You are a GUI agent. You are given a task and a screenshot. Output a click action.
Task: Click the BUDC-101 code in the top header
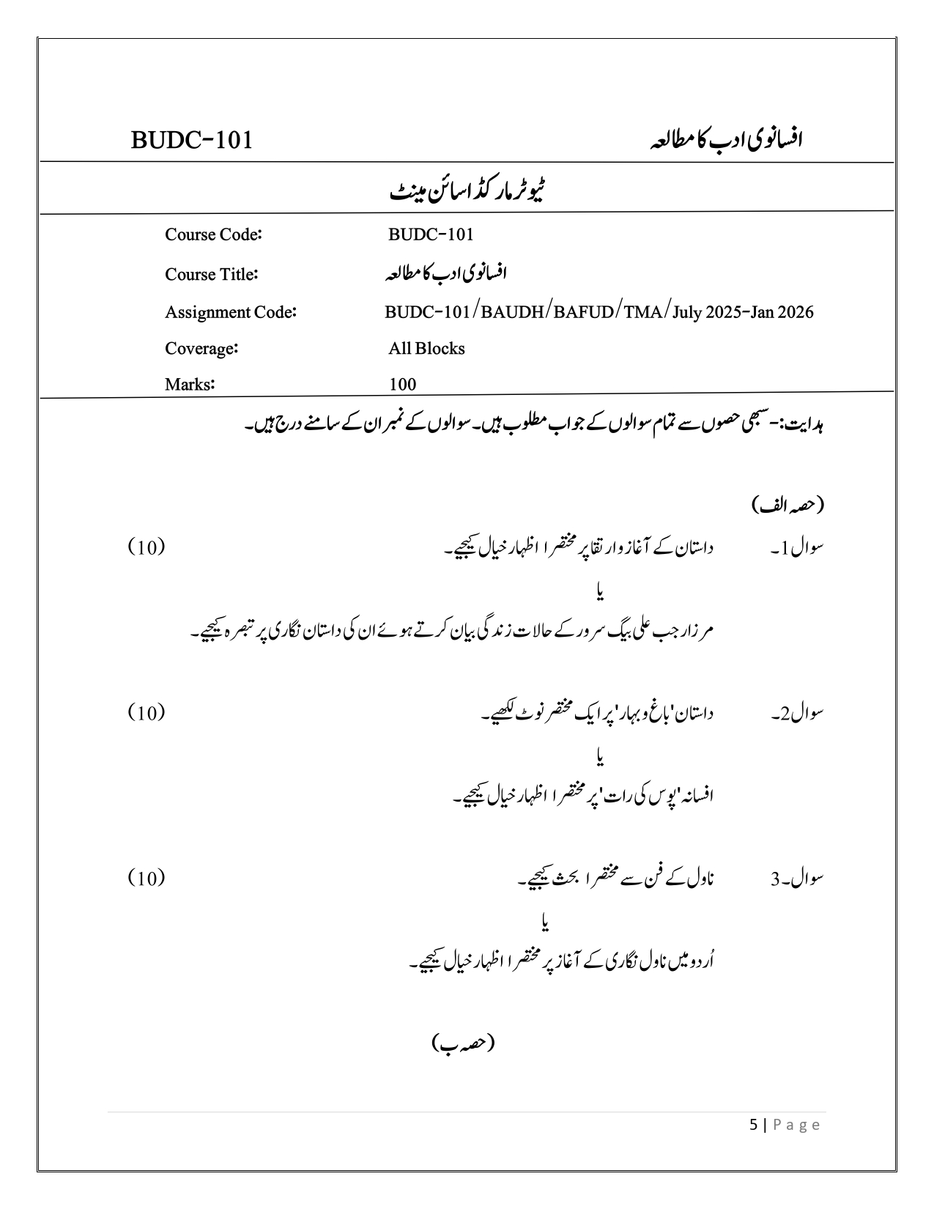pos(192,140)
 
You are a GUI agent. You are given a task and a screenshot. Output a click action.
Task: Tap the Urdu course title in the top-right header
pos(726,139)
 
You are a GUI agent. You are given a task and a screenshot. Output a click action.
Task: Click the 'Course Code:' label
pos(213,234)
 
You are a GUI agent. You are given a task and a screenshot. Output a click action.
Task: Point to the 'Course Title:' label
pos(211,274)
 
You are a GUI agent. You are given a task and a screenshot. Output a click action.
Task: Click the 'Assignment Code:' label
pos(230,312)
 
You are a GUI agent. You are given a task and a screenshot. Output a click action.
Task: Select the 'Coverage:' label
pos(201,348)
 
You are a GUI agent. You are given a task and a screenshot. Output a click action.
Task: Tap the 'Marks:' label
pos(189,384)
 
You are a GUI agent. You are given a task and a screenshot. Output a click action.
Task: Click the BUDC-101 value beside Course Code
pos(431,234)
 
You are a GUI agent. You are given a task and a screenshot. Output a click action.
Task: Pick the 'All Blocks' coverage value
pos(426,348)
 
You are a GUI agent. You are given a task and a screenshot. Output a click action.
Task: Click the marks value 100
pos(402,384)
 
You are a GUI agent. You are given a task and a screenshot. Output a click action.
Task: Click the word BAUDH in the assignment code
pos(514,312)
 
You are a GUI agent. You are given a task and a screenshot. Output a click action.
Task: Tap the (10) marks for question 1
pos(146,547)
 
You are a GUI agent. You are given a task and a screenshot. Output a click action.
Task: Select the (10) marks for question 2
pos(146,712)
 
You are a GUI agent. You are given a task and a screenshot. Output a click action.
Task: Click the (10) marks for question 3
pos(146,878)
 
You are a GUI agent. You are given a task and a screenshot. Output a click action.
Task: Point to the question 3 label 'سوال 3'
pos(797,879)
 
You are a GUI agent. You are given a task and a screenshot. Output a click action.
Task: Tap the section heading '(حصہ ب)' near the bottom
pos(463,1043)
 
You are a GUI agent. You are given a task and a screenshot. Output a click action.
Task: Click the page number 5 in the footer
pos(755,1125)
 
